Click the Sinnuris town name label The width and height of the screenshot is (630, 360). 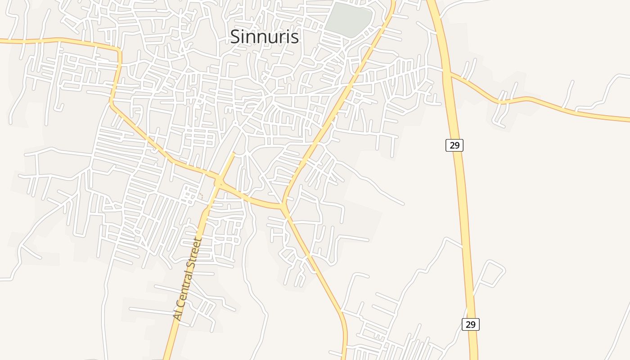264,36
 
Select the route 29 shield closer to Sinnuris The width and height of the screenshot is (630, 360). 454,145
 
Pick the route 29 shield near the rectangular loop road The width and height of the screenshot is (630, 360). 470,324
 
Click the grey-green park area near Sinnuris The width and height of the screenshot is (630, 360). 348,19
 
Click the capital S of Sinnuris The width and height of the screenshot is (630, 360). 235,37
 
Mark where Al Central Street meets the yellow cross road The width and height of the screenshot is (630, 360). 219,182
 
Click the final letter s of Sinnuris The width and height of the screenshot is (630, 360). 295,37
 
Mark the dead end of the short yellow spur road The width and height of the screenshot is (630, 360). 234,153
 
